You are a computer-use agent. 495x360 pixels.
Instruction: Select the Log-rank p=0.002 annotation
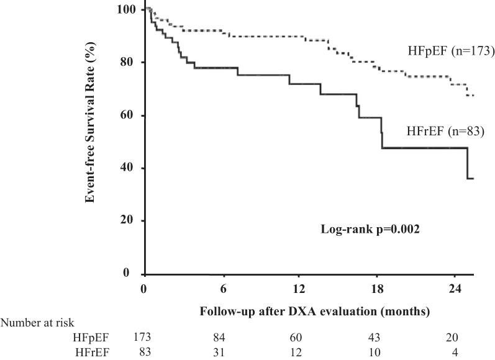(x=361, y=229)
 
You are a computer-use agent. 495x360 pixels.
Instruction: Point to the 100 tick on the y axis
(x=129, y=10)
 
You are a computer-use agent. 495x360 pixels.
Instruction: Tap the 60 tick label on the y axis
(x=131, y=115)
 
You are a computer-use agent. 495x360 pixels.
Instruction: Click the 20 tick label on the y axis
(x=131, y=221)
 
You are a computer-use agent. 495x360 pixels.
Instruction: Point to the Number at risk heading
(x=37, y=322)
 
